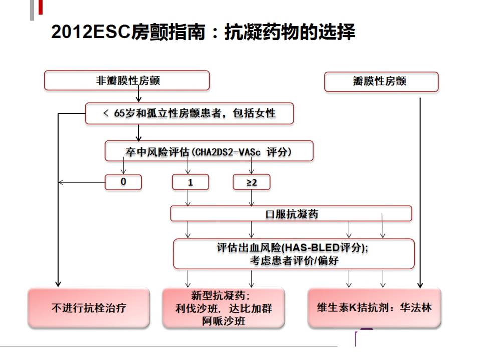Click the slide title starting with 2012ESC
pyautogui.click(x=203, y=32)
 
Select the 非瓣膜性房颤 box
pyautogui.click(x=127, y=81)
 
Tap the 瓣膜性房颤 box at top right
pyautogui.click(x=381, y=81)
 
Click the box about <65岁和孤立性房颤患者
pyautogui.click(x=189, y=113)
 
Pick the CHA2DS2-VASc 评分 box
pyautogui.click(x=209, y=151)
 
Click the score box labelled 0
pyautogui.click(x=123, y=182)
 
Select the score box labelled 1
pyautogui.click(x=190, y=182)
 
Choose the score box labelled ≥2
pyautogui.click(x=252, y=182)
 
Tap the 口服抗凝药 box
pyautogui.click(x=291, y=214)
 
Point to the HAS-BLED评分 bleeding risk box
pyautogui.click(x=294, y=254)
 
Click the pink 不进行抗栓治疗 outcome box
pyautogui.click(x=89, y=308)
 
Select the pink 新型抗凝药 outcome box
pyautogui.click(x=223, y=308)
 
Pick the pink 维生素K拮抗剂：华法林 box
pyautogui.click(x=374, y=308)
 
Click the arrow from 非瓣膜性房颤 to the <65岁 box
pyautogui.click(x=139, y=94)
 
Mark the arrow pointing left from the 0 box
pyautogui.click(x=82, y=183)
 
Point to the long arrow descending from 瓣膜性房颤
pyautogui.click(x=420, y=193)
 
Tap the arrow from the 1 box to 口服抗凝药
pyautogui.click(x=188, y=198)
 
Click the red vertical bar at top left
pyautogui.click(x=40, y=7)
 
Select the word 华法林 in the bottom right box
pyautogui.click(x=416, y=307)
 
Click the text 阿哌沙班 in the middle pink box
pyautogui.click(x=223, y=321)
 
